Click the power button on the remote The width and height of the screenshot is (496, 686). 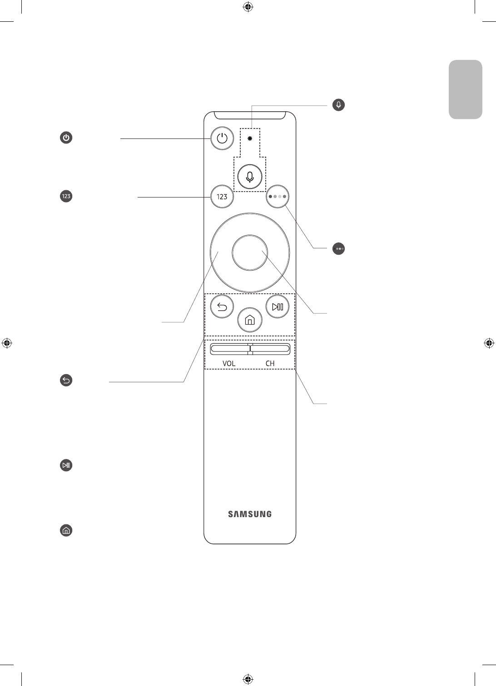[x=222, y=138]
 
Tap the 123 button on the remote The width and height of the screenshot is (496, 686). [x=222, y=197]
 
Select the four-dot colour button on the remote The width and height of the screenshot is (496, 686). [x=277, y=197]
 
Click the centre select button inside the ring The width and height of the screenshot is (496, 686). [x=249, y=252]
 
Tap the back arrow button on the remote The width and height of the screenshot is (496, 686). [x=223, y=307]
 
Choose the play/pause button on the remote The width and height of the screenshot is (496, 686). [x=277, y=307]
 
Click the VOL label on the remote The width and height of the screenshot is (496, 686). [x=229, y=364]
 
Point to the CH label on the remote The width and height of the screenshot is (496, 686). [x=270, y=364]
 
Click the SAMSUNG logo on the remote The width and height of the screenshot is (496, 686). [x=250, y=514]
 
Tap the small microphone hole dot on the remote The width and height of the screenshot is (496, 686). [x=250, y=138]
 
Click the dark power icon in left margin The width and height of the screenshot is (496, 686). [x=66, y=138]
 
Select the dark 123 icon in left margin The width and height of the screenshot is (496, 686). [x=66, y=197]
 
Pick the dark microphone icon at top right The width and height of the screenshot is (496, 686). [x=338, y=105]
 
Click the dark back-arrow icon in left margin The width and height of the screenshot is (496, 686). [x=66, y=380]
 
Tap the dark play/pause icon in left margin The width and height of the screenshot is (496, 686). [x=66, y=465]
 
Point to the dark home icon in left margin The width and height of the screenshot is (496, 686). [x=66, y=530]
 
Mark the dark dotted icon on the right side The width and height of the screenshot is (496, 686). [x=338, y=249]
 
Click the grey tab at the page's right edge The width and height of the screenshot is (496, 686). [x=466, y=89]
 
